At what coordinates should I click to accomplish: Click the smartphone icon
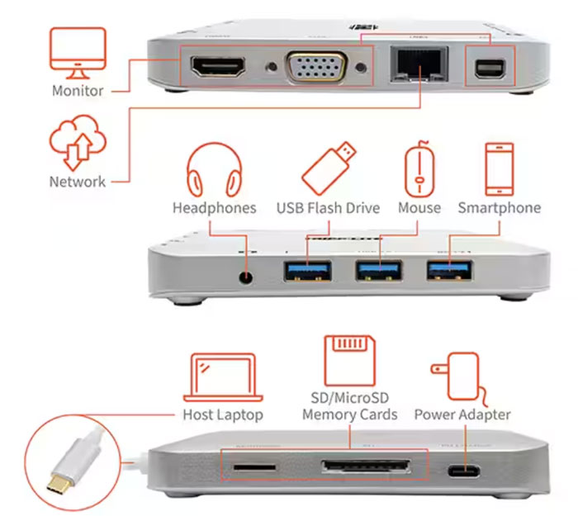coord(499,168)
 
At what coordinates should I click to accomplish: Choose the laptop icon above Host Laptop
coord(223,377)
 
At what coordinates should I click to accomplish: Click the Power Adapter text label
coord(462,414)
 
